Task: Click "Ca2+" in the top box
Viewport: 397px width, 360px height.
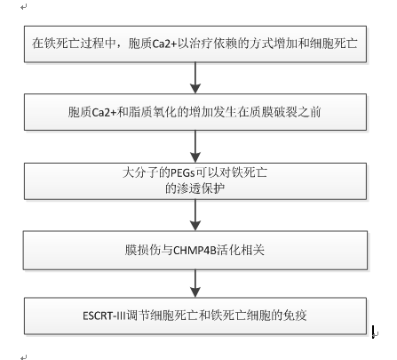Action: coord(164,44)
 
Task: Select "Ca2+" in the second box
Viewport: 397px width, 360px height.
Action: coord(104,112)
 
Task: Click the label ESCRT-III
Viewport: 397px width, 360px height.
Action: coord(104,316)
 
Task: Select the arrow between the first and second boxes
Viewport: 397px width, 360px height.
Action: coord(195,77)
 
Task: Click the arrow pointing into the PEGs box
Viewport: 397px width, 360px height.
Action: coord(195,147)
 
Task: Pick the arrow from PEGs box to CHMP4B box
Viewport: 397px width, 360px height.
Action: coord(195,215)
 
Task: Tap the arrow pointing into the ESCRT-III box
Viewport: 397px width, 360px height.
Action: coord(195,284)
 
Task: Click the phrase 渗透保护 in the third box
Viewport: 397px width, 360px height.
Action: coord(201,188)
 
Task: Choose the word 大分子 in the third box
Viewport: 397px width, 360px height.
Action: coord(140,172)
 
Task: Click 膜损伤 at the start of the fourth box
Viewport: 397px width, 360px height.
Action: coord(143,251)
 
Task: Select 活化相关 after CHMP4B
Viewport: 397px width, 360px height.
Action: coord(241,251)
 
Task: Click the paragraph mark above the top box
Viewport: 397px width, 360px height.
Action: coord(24,7)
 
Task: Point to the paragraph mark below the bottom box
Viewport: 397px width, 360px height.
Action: coord(24,357)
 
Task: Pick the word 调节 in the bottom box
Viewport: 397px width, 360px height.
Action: coord(138,316)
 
